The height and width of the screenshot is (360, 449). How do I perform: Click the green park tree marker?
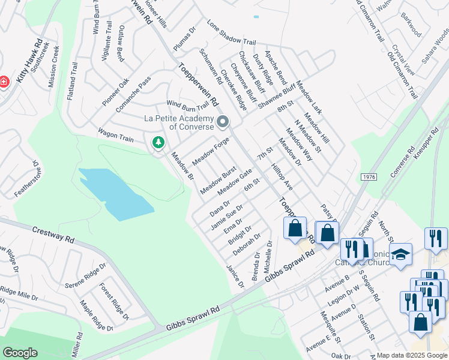point(158,142)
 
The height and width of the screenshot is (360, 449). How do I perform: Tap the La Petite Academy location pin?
point(223,122)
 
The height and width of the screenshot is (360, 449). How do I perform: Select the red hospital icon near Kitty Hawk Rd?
point(3,81)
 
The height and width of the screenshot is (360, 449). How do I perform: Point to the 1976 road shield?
point(369,177)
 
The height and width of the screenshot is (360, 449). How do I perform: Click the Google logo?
point(20,353)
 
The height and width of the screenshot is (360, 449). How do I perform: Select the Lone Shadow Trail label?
point(231,34)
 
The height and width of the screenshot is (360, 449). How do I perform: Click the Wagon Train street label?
point(116,134)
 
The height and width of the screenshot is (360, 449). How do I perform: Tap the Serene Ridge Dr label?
point(85,275)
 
